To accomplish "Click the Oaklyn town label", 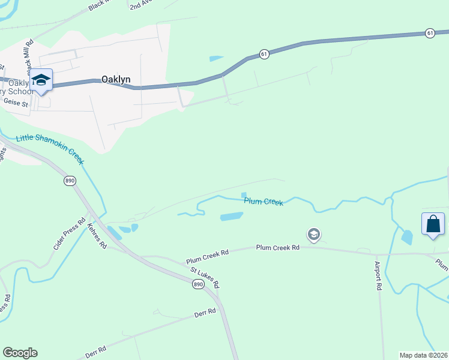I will [x=116, y=79].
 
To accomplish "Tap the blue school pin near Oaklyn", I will [x=41, y=81].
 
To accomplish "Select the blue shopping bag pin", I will [x=433, y=225].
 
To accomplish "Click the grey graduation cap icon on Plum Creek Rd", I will [x=313, y=235].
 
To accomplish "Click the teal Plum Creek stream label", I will [x=264, y=202].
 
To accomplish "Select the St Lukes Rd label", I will [x=205, y=278].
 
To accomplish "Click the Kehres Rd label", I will [x=97, y=236].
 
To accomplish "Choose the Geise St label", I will [x=16, y=103].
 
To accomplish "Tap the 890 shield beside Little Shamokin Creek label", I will [x=70, y=179].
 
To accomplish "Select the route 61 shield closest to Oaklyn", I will [x=264, y=54].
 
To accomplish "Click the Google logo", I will [x=20, y=353].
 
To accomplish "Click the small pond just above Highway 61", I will [x=216, y=58].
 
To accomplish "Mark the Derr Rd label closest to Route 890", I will [x=205, y=313].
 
